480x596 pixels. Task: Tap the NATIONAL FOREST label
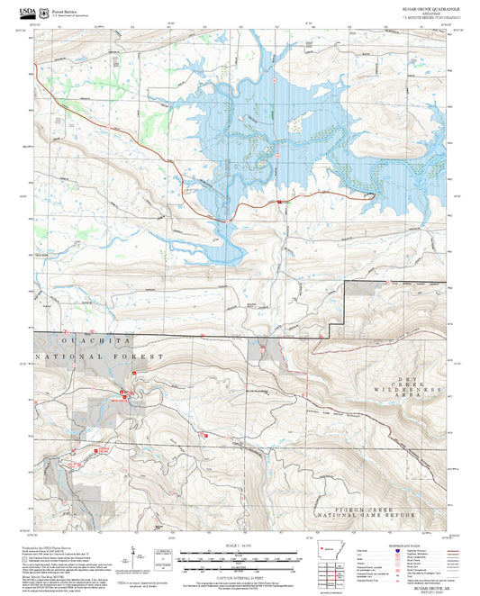(99, 357)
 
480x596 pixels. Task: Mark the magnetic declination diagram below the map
(135, 556)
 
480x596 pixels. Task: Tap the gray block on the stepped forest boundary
(362, 288)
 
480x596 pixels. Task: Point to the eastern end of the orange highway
(371, 193)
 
